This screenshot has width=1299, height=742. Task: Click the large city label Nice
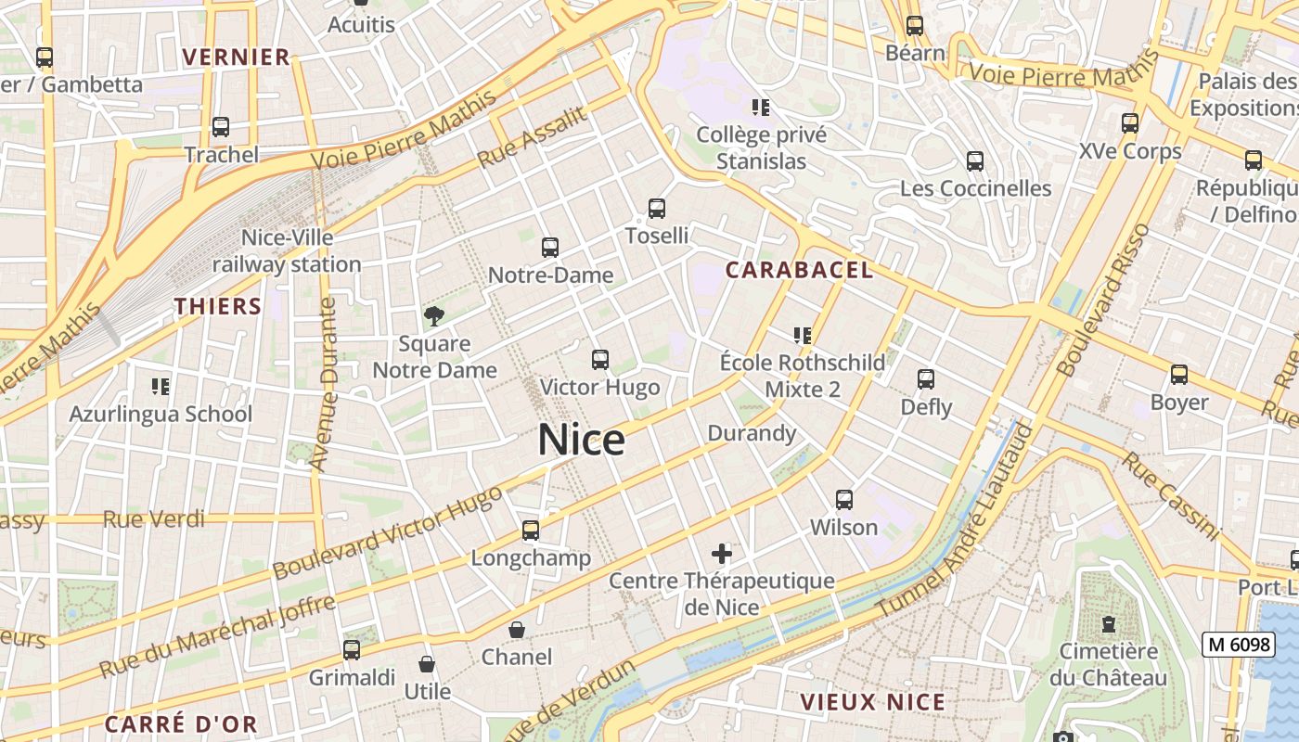(582, 440)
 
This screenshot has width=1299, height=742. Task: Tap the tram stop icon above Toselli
(657, 209)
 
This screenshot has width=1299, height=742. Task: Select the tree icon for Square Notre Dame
(433, 316)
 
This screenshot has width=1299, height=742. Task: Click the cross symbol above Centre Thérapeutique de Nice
(722, 555)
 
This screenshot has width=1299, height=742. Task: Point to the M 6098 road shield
(1238, 644)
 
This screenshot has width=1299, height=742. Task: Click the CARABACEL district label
(799, 270)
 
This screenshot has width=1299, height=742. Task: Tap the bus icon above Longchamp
(530, 531)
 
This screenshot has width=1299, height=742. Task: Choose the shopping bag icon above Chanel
(517, 630)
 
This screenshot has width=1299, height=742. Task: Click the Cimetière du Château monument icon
(1108, 624)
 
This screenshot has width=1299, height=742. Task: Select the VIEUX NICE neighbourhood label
(873, 702)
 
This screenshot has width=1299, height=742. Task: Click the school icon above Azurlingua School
(161, 386)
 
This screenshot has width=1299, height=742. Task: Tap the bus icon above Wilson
(844, 500)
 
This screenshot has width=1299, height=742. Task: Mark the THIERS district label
(217, 306)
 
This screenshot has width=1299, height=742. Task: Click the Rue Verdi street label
(154, 519)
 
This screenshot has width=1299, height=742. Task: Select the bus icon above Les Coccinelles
(975, 161)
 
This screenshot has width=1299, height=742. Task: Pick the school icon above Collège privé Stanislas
(761, 108)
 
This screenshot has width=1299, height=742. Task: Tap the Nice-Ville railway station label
(287, 250)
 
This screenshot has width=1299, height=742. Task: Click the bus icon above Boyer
(1179, 375)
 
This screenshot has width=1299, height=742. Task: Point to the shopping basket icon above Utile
(427, 664)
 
